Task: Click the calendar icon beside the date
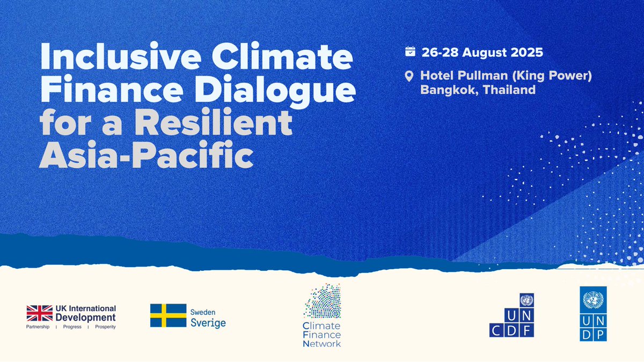410,52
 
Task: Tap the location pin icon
410,77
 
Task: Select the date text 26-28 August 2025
481,53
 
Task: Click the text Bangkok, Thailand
478,90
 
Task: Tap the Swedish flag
167,315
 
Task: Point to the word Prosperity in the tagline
105,327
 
